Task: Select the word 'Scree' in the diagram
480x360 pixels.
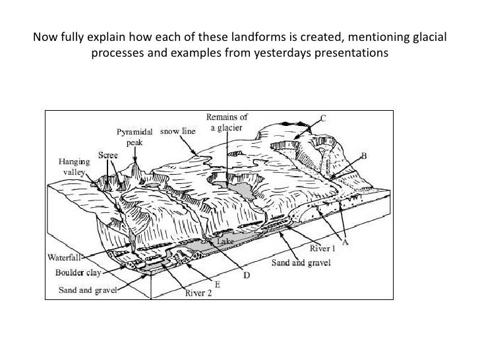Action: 109,155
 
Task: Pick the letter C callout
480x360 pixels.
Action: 323,118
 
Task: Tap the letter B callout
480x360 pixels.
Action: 363,156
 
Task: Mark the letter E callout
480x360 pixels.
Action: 216,284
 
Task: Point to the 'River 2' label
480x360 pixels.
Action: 198,294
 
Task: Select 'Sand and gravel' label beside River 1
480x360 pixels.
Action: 301,262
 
